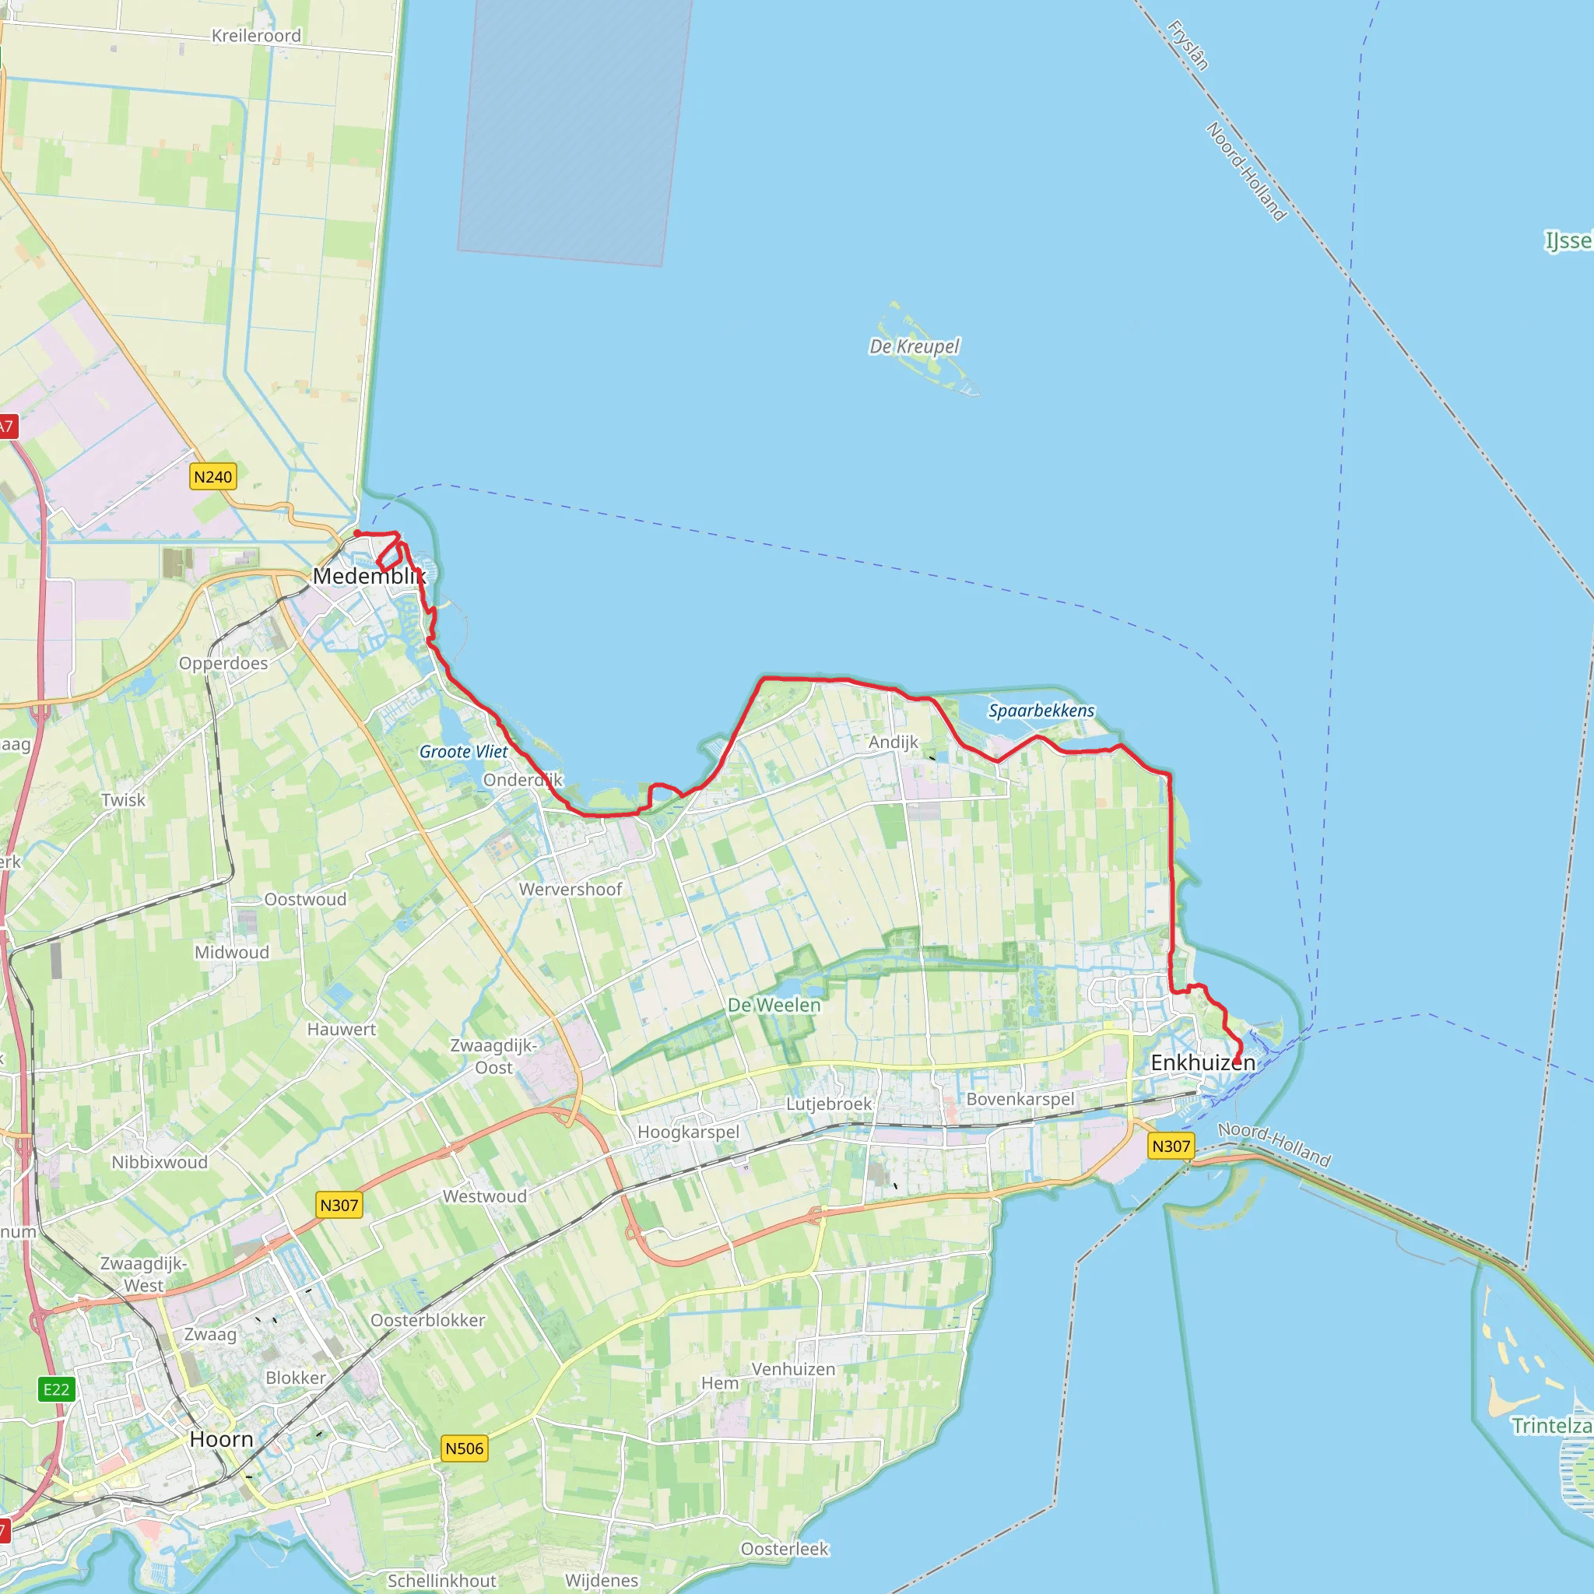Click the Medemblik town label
(369, 576)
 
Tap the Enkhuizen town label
(1202, 1062)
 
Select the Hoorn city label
(221, 1439)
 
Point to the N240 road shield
(212, 477)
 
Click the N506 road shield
(465, 1448)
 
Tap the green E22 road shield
(57, 1389)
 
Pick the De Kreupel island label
(915, 346)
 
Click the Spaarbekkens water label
(1041, 711)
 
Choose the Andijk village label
(893, 742)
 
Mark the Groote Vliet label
(464, 752)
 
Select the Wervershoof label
(570, 890)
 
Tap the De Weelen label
(774, 1005)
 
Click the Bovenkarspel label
(1020, 1099)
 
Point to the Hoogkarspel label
(688, 1132)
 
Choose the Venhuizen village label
(793, 1369)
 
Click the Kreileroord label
(257, 36)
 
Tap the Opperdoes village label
(223, 663)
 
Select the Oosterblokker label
(427, 1320)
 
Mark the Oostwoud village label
(305, 899)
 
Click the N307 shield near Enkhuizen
(1171, 1146)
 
